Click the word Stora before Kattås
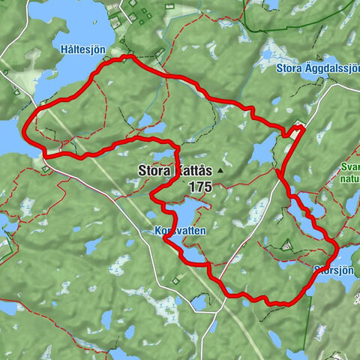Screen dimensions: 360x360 click(154, 170)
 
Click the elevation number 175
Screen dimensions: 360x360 click(201, 186)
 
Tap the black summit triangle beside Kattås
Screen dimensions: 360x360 click(220, 171)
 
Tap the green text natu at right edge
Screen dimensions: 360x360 click(349, 180)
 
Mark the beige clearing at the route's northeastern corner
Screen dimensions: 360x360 click(299, 124)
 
